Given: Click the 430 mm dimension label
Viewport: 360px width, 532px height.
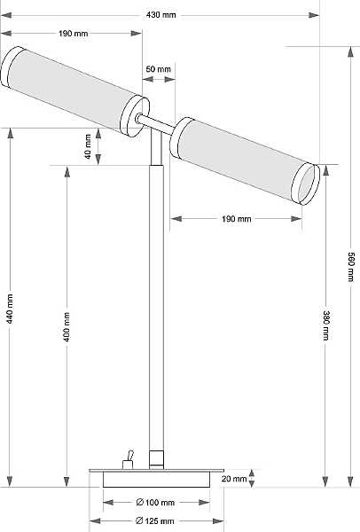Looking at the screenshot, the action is (161, 15).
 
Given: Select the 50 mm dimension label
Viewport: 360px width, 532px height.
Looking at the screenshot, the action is (159, 69).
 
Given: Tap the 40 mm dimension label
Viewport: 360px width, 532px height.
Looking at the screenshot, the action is (88, 146).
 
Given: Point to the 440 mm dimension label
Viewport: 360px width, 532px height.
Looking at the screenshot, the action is (10, 309).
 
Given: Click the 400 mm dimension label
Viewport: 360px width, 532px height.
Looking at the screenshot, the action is (67, 327).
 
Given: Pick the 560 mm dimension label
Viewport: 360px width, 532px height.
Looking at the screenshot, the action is (351, 267).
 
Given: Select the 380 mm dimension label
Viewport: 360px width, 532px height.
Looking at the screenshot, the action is (325, 325).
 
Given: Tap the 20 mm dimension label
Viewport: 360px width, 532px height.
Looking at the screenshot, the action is (234, 479).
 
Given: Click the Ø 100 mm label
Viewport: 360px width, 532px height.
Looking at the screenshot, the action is (155, 502).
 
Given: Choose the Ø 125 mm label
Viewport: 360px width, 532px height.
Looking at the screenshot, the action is (154, 520).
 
